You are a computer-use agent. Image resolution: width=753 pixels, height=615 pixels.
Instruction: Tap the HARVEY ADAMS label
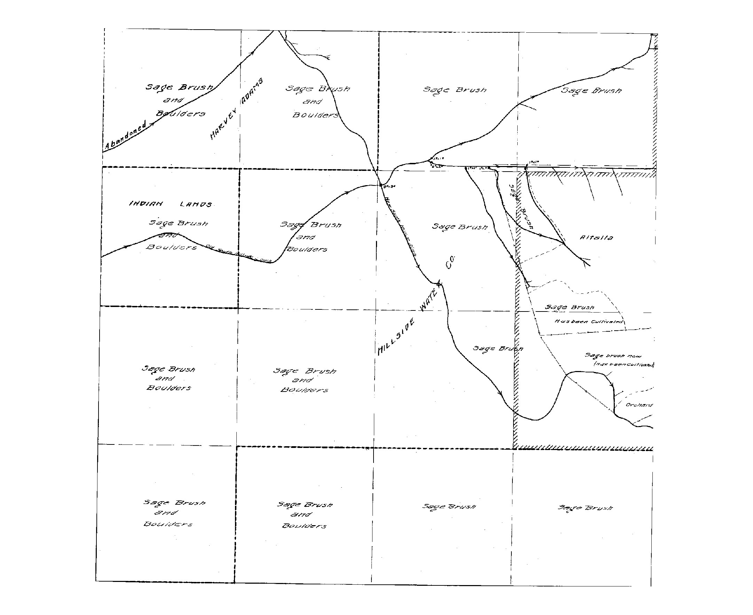click(236, 109)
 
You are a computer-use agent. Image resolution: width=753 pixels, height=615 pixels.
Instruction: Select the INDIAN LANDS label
click(171, 204)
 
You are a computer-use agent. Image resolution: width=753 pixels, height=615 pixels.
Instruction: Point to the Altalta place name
click(596, 237)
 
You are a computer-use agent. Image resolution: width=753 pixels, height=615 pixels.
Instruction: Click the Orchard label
click(639, 405)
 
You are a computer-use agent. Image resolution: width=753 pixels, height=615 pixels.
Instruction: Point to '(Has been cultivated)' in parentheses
click(624, 364)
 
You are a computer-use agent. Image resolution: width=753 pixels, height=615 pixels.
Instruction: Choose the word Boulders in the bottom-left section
click(168, 523)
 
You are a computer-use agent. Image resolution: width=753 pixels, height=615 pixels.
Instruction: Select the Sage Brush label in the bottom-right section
click(585, 508)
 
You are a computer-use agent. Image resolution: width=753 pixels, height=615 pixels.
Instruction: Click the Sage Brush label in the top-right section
click(591, 90)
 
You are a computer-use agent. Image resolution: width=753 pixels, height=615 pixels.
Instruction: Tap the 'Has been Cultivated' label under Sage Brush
click(588, 322)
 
